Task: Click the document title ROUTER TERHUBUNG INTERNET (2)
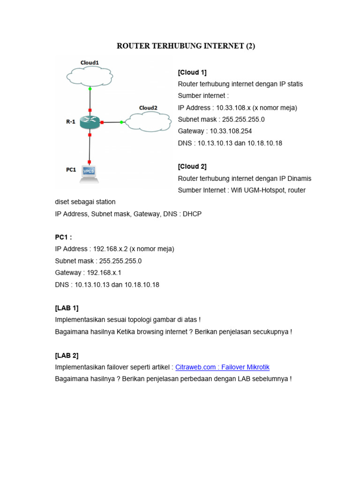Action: (x=186, y=46)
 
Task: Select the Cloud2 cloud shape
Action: (x=148, y=122)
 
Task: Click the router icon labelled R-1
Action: (x=90, y=122)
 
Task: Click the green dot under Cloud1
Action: (x=90, y=88)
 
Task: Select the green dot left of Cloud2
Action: (x=121, y=122)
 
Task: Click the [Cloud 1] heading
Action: (x=192, y=72)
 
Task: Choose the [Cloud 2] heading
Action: (x=192, y=166)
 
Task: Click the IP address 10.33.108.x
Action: (x=233, y=108)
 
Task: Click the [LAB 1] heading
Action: (x=67, y=308)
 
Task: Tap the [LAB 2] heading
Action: (x=67, y=355)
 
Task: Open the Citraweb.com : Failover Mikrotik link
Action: (x=222, y=367)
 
